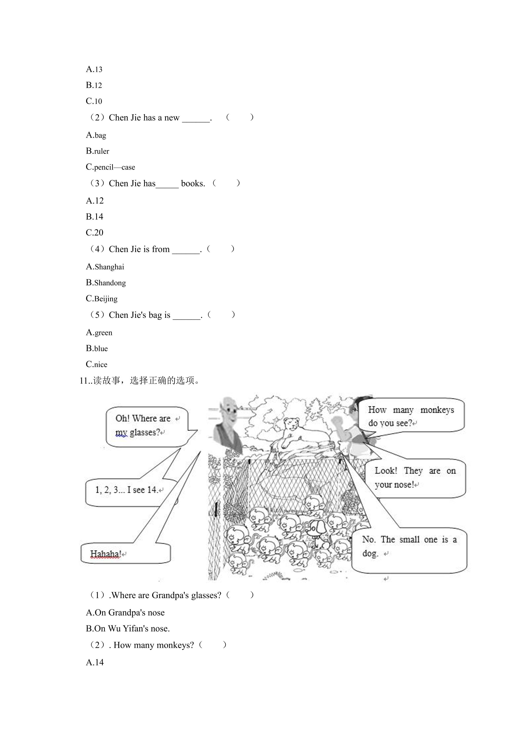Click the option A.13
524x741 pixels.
tap(94, 69)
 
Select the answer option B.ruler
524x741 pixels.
tap(97, 151)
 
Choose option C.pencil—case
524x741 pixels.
tap(110, 167)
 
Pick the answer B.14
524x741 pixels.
tap(95, 216)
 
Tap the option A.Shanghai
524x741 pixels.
tap(105, 267)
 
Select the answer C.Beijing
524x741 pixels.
tap(102, 298)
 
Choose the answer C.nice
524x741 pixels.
tap(96, 364)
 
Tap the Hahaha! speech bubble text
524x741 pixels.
tap(106, 554)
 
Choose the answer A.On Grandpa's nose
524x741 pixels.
tap(125, 613)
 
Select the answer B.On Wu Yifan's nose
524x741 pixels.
tap(128, 629)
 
